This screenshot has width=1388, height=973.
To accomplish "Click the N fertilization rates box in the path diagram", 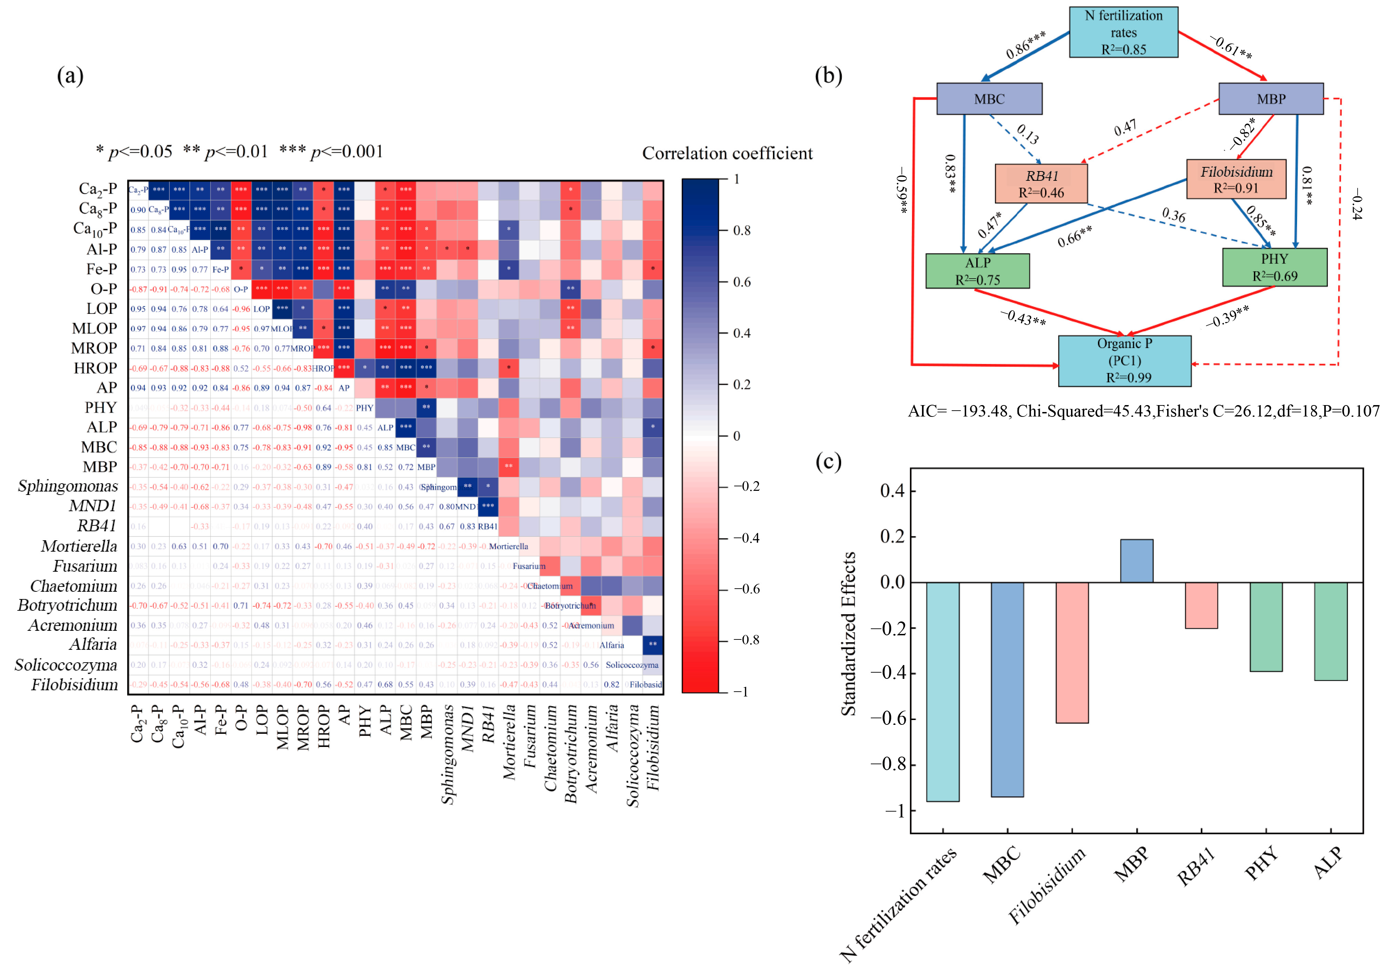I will (1123, 32).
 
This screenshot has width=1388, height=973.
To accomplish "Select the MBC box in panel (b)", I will (989, 99).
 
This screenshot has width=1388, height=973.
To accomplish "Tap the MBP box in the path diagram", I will (1271, 99).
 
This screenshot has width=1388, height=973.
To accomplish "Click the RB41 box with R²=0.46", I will (1041, 184).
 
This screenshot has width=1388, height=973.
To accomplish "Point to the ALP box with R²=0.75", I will (978, 271).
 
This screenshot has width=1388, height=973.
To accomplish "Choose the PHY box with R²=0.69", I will (1274, 267).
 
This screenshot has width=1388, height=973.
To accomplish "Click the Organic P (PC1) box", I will (1125, 361).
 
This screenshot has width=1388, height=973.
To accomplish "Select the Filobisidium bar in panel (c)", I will (1072, 652).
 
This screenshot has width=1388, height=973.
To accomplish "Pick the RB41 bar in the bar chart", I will (1201, 605).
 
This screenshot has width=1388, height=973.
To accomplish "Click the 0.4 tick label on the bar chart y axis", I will (892, 491).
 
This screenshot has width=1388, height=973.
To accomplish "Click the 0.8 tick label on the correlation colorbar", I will (742, 230).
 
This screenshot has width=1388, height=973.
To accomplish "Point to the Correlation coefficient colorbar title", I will (727, 153).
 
